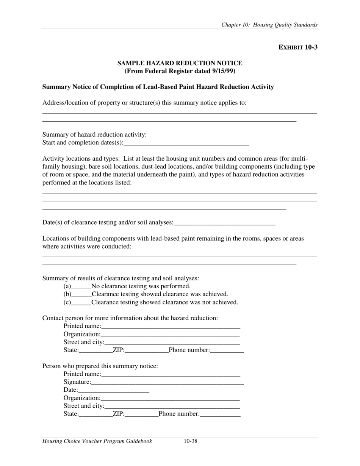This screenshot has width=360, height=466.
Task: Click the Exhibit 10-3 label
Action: pyautogui.click(x=298, y=47)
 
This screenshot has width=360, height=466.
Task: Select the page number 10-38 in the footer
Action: pyautogui.click(x=191, y=441)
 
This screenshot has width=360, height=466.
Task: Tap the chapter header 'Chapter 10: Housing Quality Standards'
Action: pyautogui.click(x=269, y=25)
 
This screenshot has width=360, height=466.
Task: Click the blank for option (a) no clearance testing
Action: pyautogui.click(x=81, y=286)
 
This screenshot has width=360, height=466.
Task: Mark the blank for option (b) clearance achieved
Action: pyautogui.click(x=81, y=294)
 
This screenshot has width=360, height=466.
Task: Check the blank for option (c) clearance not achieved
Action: pyautogui.click(x=81, y=302)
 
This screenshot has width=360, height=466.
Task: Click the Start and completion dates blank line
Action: pyautogui.click(x=186, y=143)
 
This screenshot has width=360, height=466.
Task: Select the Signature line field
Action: pyautogui.click(x=167, y=382)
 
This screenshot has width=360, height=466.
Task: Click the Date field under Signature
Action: pyautogui.click(x=114, y=390)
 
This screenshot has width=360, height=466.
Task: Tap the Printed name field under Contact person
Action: pyautogui.click(x=171, y=326)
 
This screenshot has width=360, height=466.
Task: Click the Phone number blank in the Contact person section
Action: pyautogui.click(x=227, y=350)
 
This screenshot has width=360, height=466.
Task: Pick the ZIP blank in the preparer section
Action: pyautogui.click(x=141, y=414)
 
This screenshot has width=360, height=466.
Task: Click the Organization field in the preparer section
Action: pyautogui.click(x=170, y=398)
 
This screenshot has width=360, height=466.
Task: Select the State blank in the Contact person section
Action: pyautogui.click(x=95, y=350)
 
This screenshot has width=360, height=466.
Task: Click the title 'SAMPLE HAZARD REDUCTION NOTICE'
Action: pyautogui.click(x=180, y=63)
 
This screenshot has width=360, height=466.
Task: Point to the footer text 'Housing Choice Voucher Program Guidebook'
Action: pyautogui.click(x=97, y=441)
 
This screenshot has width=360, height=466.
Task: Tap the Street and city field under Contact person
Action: pyautogui.click(x=172, y=342)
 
